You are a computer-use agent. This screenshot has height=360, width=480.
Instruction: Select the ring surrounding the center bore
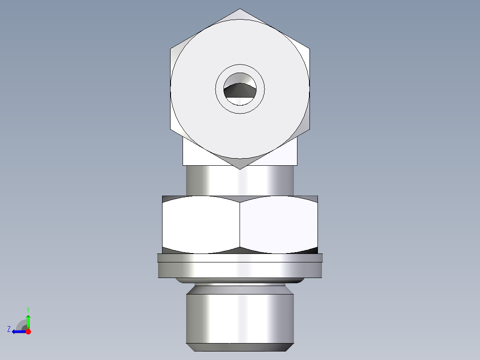click(240, 108)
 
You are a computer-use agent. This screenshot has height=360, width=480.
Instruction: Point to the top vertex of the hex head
click(240, 10)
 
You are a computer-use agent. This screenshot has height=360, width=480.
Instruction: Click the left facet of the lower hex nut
click(200, 225)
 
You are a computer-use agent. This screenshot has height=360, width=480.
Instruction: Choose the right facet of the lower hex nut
click(279, 225)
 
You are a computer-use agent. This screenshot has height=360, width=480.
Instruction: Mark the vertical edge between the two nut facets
click(240, 225)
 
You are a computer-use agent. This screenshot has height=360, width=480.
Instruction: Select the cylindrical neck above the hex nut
click(240, 180)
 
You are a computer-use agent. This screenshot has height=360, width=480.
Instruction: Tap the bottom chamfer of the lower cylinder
click(240, 347)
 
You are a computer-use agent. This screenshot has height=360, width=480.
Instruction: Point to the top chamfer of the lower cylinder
click(240, 290)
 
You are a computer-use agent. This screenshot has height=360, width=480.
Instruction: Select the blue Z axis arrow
click(18, 331)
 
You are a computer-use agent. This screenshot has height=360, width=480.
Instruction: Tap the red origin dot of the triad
click(28, 331)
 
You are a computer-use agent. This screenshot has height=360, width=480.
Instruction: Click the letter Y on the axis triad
click(28, 309)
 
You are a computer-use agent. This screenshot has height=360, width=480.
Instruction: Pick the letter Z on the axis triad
click(9, 329)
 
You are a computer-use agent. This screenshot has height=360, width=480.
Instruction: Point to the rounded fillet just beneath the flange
click(240, 281)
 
